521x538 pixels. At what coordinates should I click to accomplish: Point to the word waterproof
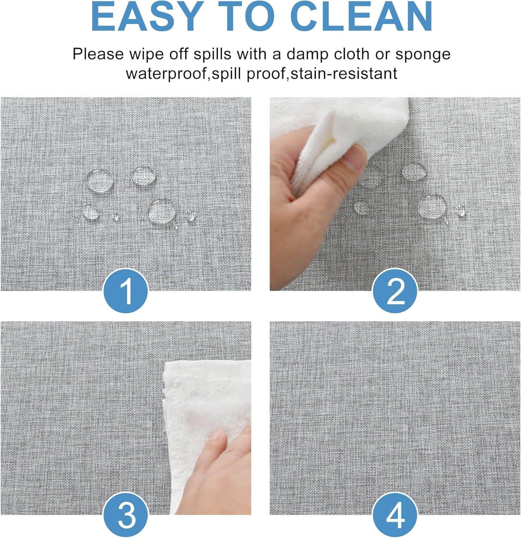(167, 74)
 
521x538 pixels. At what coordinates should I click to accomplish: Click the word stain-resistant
(344, 74)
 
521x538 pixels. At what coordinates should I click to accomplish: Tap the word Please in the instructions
(98, 55)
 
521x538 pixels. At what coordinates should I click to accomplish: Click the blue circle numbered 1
(126, 291)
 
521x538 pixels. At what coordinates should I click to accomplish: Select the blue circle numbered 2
(395, 291)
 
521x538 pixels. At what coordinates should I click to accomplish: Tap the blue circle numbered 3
(126, 515)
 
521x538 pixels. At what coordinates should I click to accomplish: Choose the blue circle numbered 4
(395, 515)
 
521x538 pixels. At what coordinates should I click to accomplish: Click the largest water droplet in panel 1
(161, 211)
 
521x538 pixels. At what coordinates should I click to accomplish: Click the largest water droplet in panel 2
(432, 205)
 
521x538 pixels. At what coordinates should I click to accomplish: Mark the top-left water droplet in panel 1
(99, 180)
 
